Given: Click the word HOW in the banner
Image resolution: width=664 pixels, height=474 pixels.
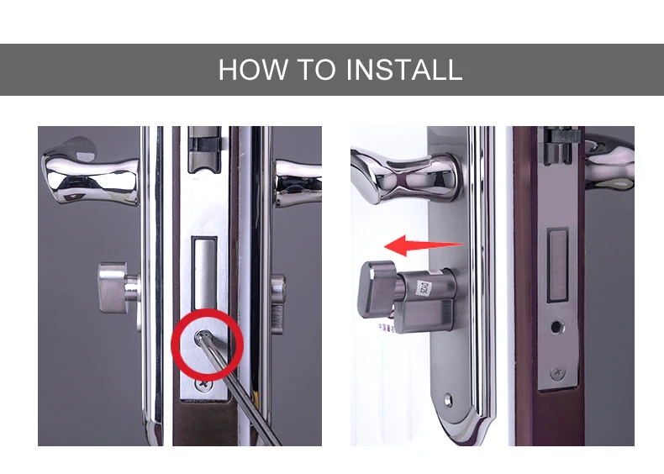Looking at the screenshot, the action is [x=253, y=70].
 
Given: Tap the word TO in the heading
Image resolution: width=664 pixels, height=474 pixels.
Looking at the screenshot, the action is [x=316, y=70].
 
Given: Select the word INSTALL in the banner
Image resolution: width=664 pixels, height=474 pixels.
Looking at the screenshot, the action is [x=404, y=70].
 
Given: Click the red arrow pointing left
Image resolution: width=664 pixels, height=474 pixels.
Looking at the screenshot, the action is [x=424, y=245].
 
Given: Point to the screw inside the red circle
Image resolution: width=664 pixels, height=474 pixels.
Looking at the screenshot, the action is [x=201, y=338].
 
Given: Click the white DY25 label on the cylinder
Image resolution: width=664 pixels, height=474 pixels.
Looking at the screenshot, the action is [x=422, y=288].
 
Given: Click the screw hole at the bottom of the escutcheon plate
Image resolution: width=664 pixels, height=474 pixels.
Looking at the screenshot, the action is [x=448, y=399].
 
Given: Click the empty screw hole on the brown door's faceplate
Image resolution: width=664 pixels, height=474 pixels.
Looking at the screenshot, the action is [x=557, y=327].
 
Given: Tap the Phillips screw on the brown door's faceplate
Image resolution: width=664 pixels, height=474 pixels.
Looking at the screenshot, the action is [x=558, y=373].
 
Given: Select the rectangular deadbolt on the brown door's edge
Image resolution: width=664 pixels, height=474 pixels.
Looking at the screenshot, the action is [x=558, y=265].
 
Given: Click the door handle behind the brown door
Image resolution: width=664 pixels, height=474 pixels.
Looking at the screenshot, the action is [x=609, y=161].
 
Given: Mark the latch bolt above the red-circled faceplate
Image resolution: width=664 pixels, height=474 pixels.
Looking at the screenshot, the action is [x=205, y=150].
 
